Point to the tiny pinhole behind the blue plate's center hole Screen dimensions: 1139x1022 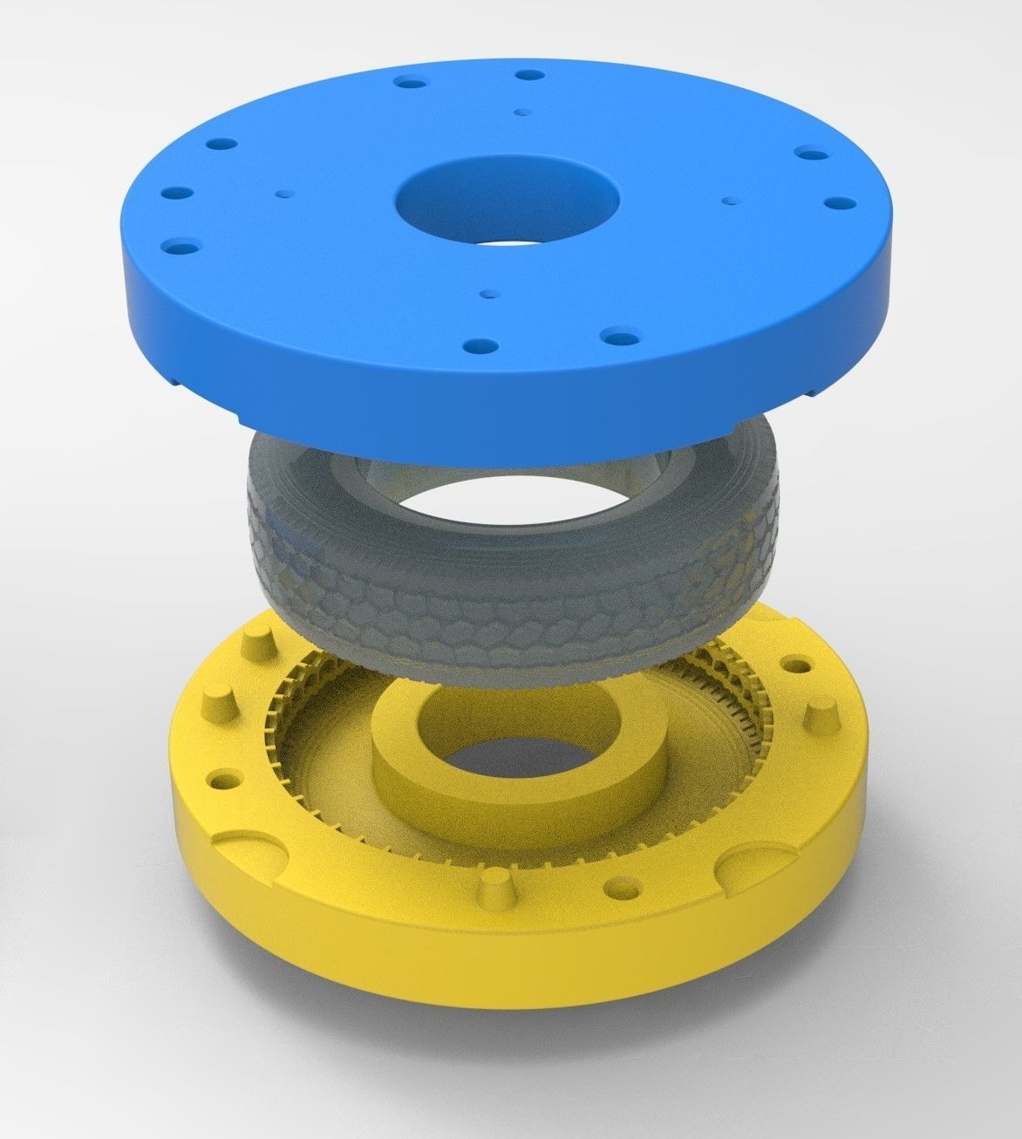(521, 112)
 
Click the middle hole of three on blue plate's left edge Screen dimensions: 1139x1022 (183, 193)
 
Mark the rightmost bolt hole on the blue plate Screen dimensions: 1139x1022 (839, 202)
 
